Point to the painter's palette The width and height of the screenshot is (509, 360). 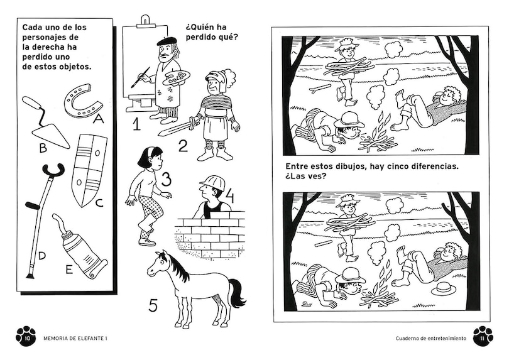172,79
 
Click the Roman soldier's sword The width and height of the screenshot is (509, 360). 178,127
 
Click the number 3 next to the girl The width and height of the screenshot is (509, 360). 166,179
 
